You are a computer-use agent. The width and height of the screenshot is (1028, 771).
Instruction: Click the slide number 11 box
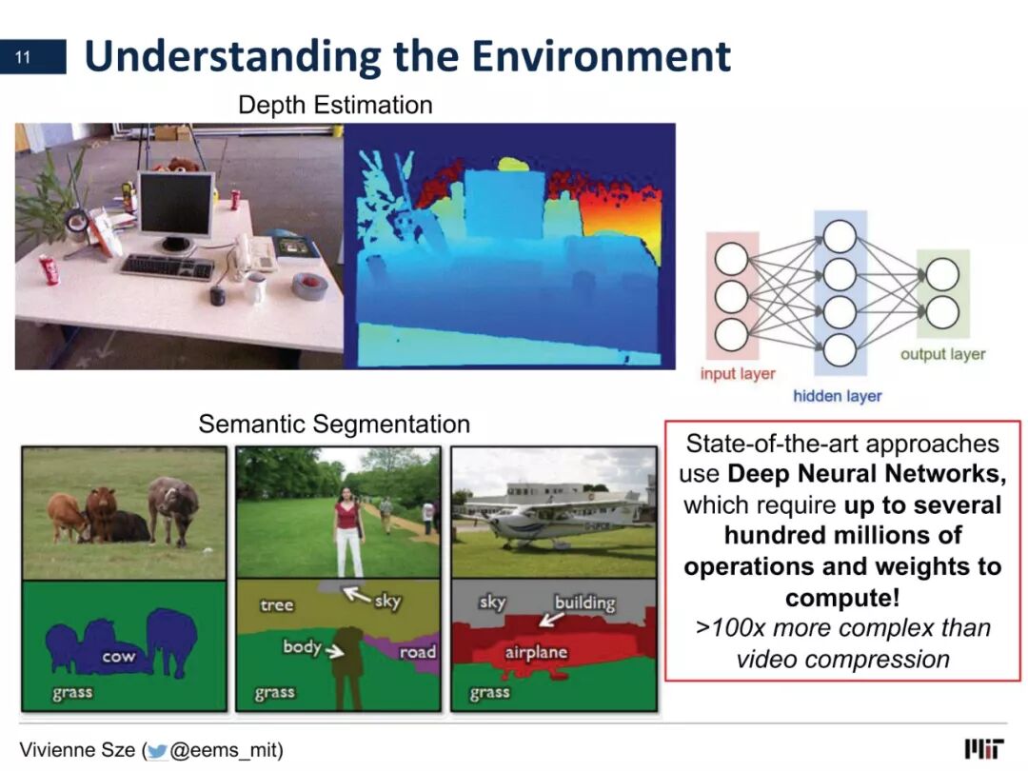(32, 56)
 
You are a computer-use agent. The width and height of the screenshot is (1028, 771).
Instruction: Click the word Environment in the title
(602, 56)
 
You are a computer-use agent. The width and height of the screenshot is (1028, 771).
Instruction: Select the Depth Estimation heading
(335, 105)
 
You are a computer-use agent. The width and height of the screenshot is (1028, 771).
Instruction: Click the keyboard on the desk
(168, 267)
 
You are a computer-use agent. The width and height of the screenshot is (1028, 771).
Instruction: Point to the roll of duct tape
(309, 286)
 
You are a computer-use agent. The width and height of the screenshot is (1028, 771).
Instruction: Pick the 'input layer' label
(738, 374)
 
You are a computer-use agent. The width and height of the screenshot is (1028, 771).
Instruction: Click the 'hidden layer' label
(838, 396)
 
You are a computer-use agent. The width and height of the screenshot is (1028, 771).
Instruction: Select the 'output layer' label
(942, 354)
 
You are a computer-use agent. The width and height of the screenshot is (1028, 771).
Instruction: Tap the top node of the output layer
(942, 274)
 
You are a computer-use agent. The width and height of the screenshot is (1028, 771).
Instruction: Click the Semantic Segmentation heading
(334, 425)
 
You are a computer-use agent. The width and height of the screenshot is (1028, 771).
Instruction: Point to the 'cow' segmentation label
(118, 656)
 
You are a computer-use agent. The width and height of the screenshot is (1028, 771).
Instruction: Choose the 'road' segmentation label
(417, 652)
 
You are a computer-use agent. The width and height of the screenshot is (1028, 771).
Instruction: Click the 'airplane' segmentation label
(536, 652)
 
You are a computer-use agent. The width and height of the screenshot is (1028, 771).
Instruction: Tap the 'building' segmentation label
(584, 603)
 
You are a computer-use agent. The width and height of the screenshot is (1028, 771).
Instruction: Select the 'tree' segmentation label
(276, 604)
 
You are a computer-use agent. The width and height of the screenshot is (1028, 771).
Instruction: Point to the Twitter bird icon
(157, 751)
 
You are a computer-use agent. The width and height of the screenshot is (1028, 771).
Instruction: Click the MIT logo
(983, 749)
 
